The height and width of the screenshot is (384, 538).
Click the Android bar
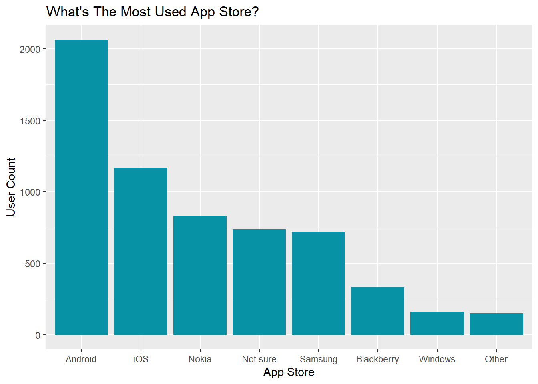[81, 187]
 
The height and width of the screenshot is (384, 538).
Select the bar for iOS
[141, 251]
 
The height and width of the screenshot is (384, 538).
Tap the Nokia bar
[200, 275]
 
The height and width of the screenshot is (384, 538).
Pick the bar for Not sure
[259, 282]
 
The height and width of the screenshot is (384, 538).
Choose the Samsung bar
[318, 283]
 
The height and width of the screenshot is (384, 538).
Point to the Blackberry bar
[377, 311]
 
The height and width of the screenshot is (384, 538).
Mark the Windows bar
[437, 323]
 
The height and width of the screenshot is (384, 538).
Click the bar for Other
[496, 324]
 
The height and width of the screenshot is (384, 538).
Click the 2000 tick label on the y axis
[30, 50]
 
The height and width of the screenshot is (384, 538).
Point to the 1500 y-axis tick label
[30, 121]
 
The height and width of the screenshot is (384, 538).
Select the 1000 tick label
[30, 192]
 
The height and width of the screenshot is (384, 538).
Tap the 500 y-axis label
[32, 264]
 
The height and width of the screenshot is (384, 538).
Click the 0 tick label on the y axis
[38, 335]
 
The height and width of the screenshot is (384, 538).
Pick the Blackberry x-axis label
[377, 359]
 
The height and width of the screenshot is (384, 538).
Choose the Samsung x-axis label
[318, 359]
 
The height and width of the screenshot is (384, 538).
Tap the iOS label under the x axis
[141, 359]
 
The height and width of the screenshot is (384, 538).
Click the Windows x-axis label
[437, 359]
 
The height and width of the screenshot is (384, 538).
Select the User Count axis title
[11, 187]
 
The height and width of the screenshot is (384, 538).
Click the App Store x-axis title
[289, 372]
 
